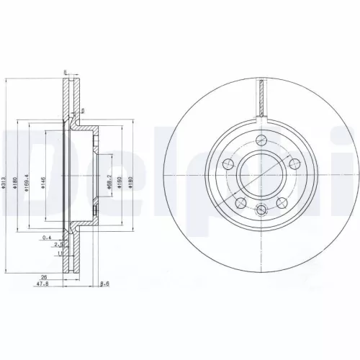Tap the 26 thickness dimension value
point(45,276)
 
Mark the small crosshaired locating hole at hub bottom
point(262,210)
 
